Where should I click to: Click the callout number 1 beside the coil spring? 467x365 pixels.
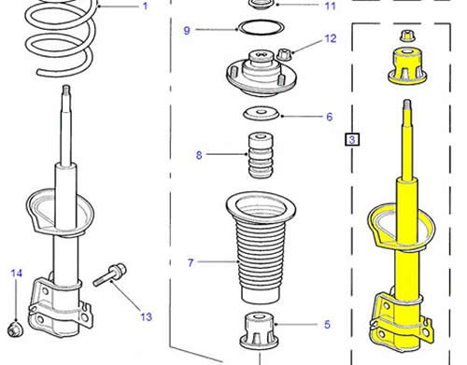(145, 6)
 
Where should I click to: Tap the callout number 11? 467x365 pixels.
(331, 6)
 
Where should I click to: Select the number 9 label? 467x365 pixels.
(187, 31)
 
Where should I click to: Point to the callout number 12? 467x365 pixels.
(331, 38)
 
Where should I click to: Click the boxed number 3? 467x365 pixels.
(352, 139)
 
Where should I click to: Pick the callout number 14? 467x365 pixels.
(17, 274)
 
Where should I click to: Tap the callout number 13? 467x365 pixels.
(146, 316)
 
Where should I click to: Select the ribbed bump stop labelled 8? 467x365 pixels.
(261, 156)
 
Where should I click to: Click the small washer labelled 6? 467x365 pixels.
(261, 113)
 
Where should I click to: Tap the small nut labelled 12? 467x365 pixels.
(283, 55)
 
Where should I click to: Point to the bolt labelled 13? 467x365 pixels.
(109, 274)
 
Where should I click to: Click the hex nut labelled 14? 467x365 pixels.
(14, 330)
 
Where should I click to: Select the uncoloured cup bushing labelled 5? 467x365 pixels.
(259, 330)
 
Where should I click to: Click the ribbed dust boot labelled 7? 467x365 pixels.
(261, 247)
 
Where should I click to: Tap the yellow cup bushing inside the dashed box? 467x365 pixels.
(407, 66)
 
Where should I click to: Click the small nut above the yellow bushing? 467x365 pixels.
(407, 35)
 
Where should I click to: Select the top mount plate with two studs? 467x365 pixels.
(261, 74)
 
